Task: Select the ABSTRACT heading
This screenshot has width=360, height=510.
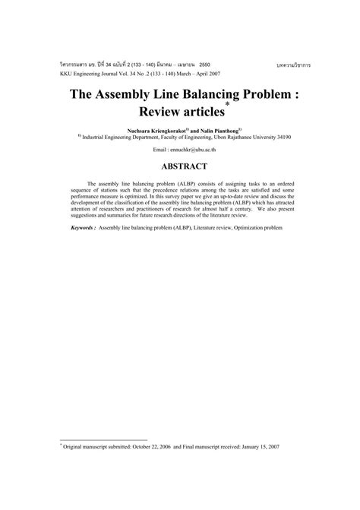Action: click(x=180, y=165)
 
